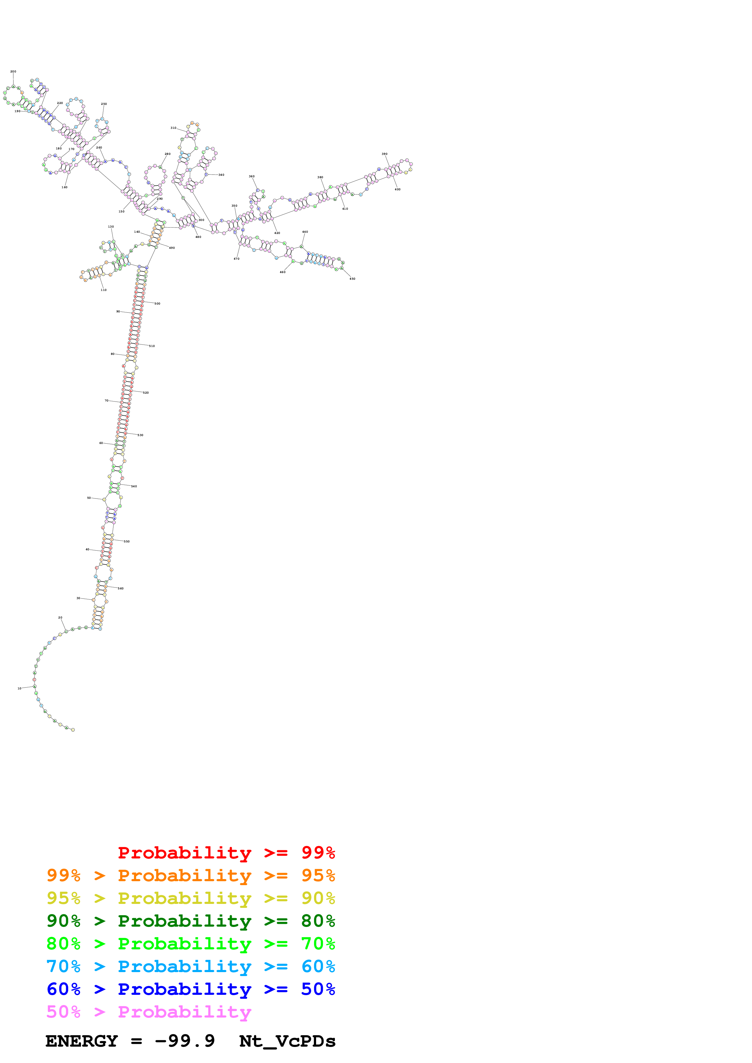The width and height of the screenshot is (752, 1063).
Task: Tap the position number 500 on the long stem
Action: point(157,304)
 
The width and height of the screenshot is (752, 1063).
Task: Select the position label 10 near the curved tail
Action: point(19,688)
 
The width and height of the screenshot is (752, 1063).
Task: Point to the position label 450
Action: point(352,279)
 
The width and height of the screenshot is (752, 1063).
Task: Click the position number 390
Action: point(385,154)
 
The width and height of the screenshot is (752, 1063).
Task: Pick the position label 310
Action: point(173,128)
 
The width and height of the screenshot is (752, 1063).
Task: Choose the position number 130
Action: point(111,227)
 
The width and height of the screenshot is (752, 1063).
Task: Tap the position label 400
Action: point(398,189)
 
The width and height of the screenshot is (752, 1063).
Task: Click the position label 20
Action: point(60,618)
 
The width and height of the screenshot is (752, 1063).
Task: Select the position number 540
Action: point(134,487)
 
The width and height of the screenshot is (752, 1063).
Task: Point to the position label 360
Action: point(251,176)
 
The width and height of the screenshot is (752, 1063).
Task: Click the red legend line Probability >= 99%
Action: point(226,852)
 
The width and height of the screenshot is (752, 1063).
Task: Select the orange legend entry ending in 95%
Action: point(191,875)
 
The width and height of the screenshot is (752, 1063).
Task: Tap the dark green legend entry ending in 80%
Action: point(191,921)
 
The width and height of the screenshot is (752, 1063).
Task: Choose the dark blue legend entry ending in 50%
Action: point(191,989)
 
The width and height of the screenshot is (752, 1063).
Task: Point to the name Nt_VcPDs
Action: point(287,1041)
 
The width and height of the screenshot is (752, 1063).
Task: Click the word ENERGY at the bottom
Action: point(82,1041)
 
